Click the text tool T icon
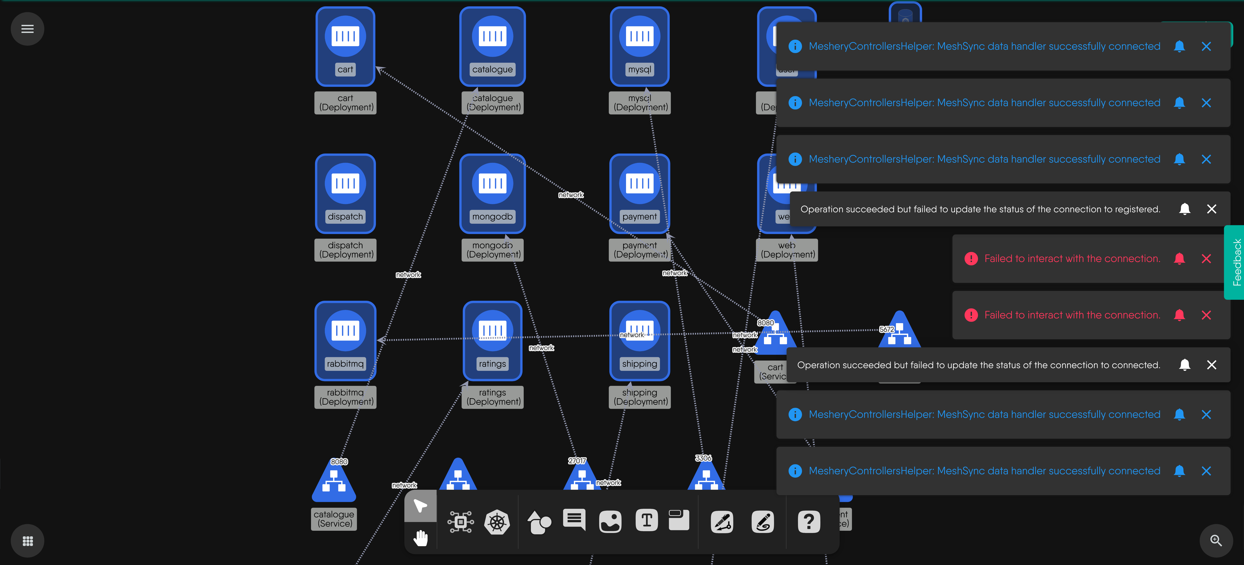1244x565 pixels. [x=647, y=521]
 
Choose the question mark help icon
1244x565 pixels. [x=809, y=522]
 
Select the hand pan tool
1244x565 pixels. [x=421, y=537]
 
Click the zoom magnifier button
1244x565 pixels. [x=1216, y=540]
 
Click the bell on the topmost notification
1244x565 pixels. [x=1179, y=46]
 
